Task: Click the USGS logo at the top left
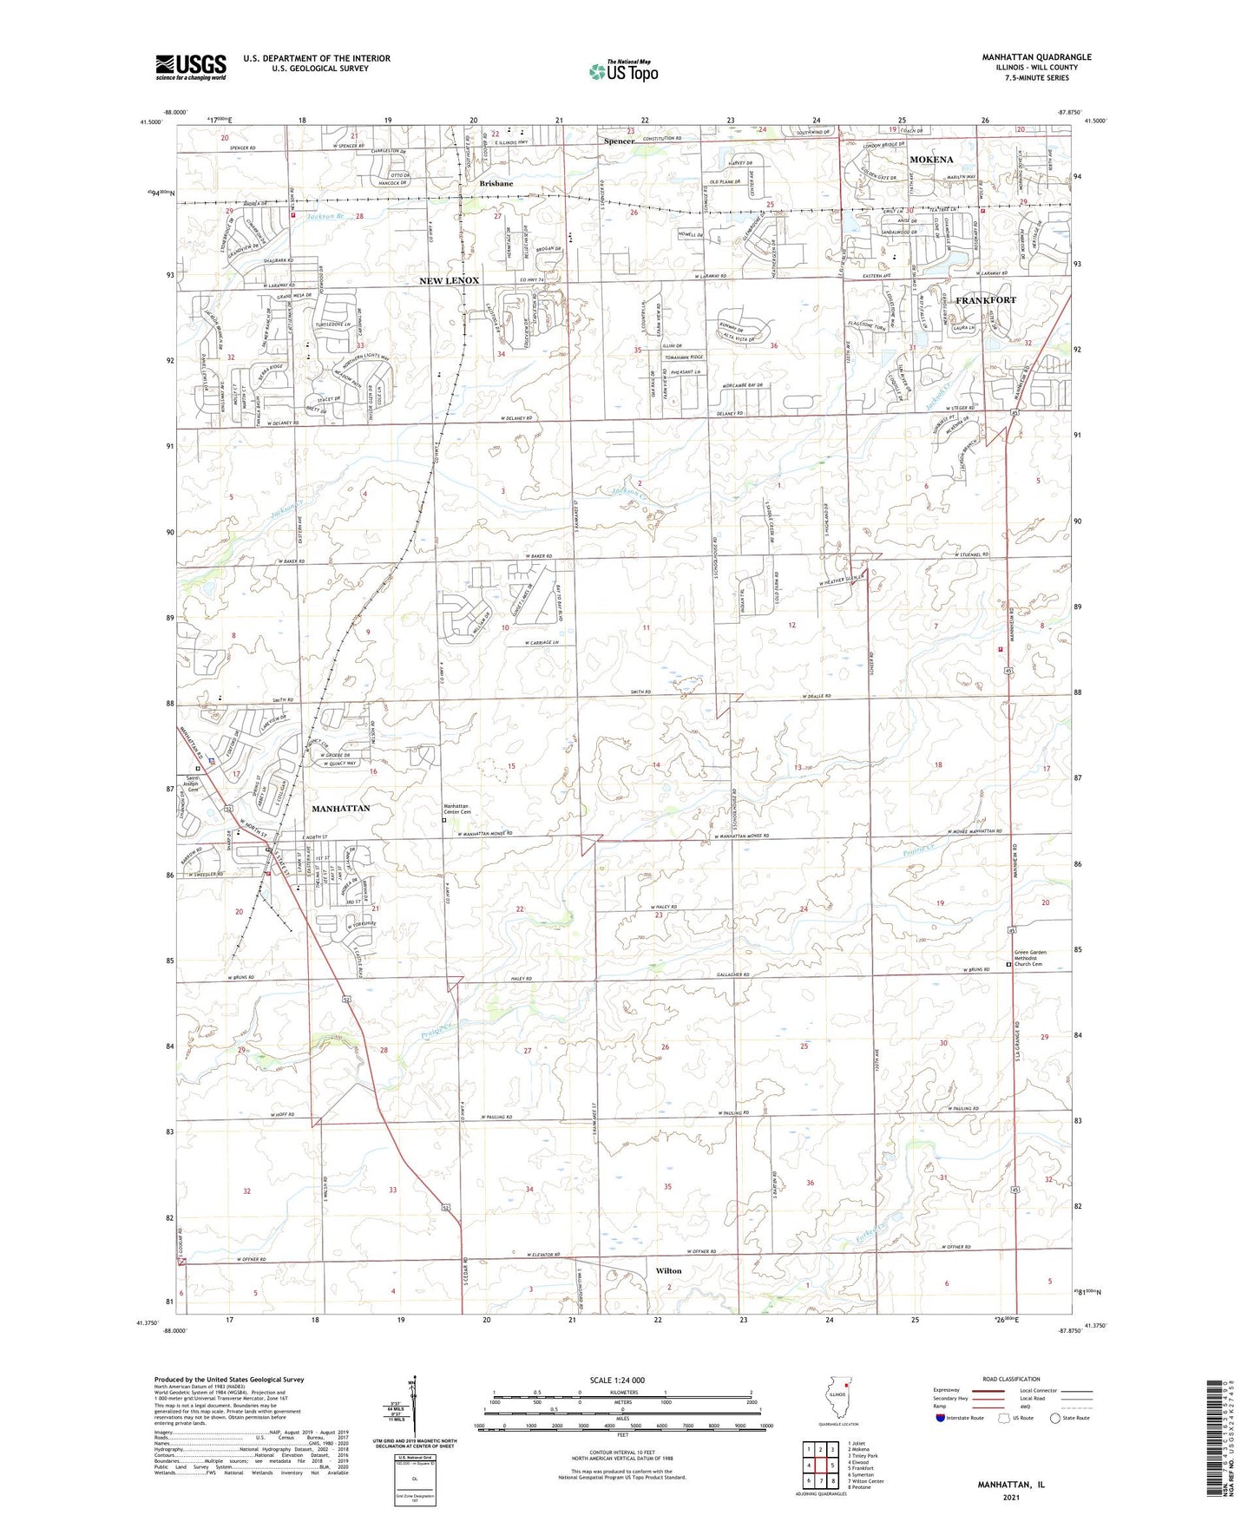191,66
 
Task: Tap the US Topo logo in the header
623,71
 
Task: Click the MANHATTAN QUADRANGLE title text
1036,57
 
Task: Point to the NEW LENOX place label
449,281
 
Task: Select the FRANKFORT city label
985,300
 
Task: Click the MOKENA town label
931,160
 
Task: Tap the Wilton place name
668,1270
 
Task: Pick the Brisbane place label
496,184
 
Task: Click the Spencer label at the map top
619,141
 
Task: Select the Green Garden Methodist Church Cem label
1036,958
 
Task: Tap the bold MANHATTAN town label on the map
340,808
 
